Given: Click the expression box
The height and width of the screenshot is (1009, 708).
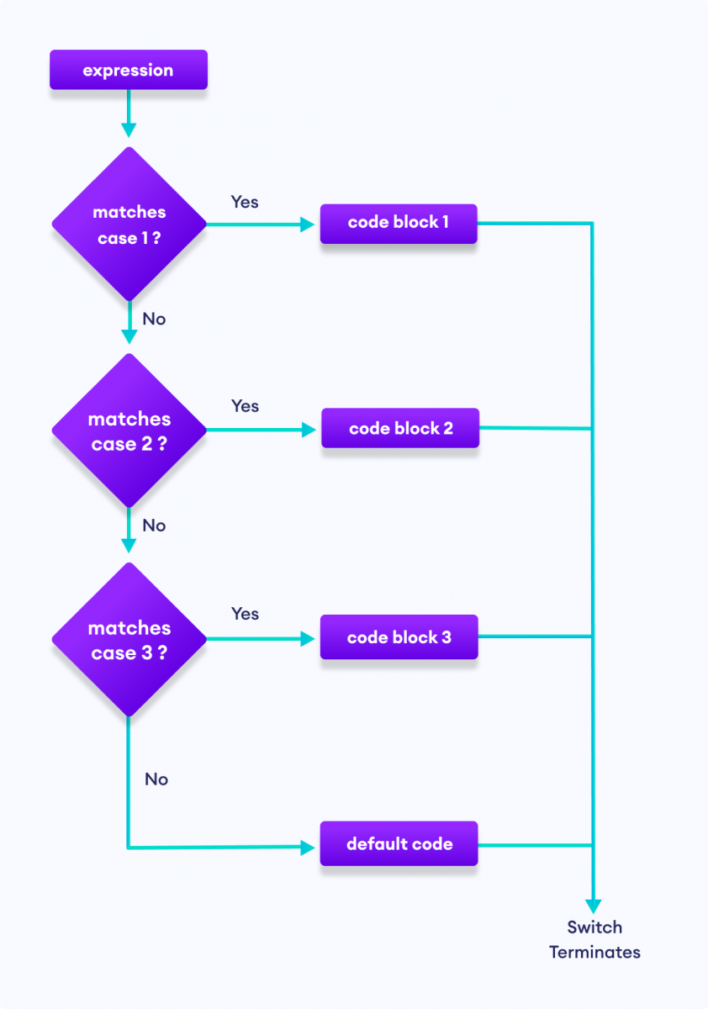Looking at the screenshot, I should coord(128,70).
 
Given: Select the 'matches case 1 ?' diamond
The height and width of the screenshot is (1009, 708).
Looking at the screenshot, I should coord(129,225).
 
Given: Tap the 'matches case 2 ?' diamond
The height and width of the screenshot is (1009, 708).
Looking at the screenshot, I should coord(129,431).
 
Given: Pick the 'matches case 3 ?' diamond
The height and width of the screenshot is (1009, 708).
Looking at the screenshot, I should coord(129,639).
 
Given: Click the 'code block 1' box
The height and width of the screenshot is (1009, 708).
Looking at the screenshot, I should coord(399,224).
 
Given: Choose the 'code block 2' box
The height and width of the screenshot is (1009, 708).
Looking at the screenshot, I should coord(400,428).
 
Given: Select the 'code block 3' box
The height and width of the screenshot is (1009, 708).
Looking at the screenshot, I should coord(399,637).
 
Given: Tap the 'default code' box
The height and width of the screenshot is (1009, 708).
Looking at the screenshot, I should coord(399,843).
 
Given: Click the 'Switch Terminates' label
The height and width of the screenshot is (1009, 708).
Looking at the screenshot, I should coord(594,940).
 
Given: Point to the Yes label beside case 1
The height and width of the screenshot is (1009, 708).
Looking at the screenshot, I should coord(245,202).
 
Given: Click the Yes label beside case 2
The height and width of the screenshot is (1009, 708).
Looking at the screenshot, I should coord(245,406).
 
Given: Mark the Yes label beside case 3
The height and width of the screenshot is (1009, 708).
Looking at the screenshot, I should coord(245,614).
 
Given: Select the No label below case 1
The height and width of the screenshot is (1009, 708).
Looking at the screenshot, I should coord(154,319).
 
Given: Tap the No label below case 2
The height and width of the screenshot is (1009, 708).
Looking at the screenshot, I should coord(154,526).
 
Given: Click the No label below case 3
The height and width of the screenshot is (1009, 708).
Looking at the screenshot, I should coord(156,779).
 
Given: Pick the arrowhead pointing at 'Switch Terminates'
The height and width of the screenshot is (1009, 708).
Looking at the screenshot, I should coord(594,906).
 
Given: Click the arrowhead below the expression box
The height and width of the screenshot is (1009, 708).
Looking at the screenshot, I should coord(128,129).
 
